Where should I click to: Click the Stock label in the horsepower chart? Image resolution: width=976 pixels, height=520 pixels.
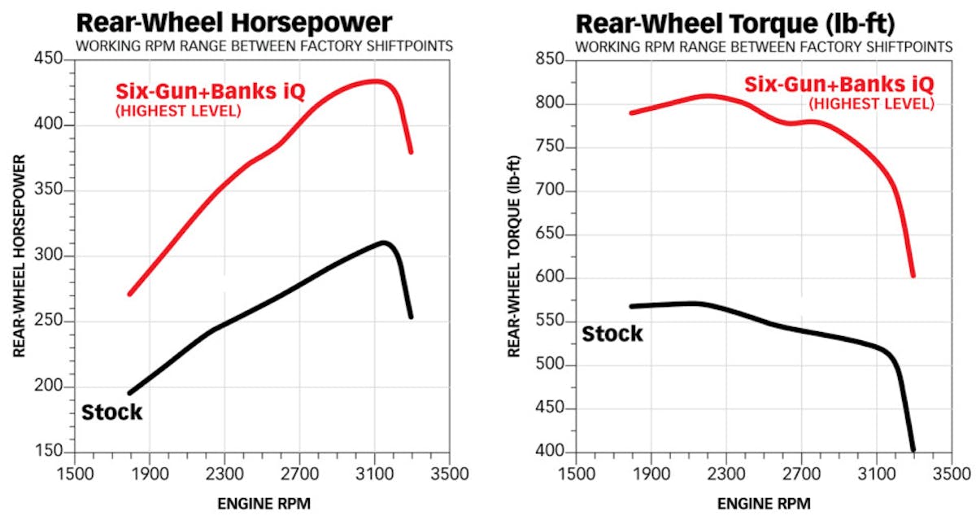(111, 413)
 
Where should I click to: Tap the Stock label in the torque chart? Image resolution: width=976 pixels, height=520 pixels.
(612, 334)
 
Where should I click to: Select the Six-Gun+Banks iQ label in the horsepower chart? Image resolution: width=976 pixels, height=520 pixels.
(210, 91)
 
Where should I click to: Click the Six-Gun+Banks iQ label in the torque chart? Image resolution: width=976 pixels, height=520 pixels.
(838, 84)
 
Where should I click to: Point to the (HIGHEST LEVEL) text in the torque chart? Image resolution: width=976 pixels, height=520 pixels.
(870, 103)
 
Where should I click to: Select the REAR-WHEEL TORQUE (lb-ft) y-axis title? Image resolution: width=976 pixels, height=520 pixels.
(515, 256)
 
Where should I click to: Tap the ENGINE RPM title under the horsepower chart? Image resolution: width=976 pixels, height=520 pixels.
(264, 504)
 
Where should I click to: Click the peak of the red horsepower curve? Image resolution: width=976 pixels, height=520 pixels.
(374, 81)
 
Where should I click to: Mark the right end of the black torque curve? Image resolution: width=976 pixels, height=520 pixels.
(913, 449)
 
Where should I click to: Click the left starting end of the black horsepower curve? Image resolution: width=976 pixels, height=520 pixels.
(129, 393)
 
